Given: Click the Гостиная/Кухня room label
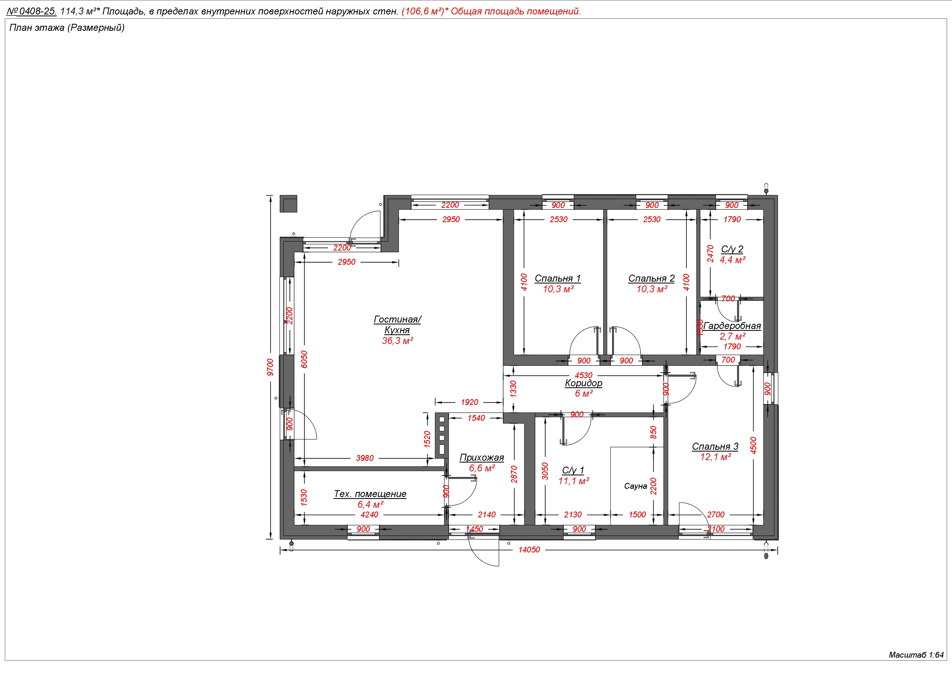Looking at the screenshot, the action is (397, 324).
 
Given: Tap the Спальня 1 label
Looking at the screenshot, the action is (558, 278).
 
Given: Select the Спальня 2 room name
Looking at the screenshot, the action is (651, 278).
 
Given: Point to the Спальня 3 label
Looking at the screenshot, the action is (715, 446).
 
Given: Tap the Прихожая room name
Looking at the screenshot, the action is (482, 457).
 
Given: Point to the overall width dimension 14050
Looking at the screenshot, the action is (529, 550).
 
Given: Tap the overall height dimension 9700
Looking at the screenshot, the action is (270, 367).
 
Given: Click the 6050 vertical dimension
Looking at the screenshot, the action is (304, 359).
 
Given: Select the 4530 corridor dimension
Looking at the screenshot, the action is (584, 376).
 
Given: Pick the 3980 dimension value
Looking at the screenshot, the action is (365, 458).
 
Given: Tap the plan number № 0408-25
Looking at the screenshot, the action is (32, 12).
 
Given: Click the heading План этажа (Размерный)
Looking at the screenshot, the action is (67, 28).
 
